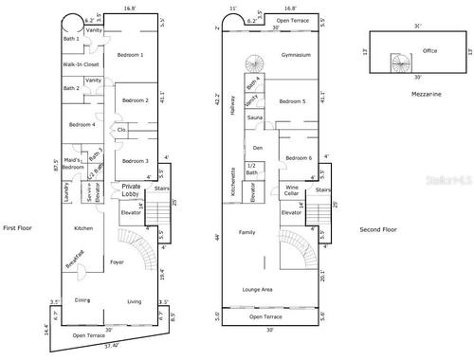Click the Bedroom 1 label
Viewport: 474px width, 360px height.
[130, 56]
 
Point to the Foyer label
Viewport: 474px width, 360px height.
[118, 261]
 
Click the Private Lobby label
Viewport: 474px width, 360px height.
[132, 189]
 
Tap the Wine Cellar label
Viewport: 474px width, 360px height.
[292, 190]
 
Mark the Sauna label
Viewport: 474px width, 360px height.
[255, 117]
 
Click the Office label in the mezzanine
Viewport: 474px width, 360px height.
[403, 50]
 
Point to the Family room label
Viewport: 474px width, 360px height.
[246, 232]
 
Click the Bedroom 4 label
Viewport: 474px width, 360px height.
[82, 125]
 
